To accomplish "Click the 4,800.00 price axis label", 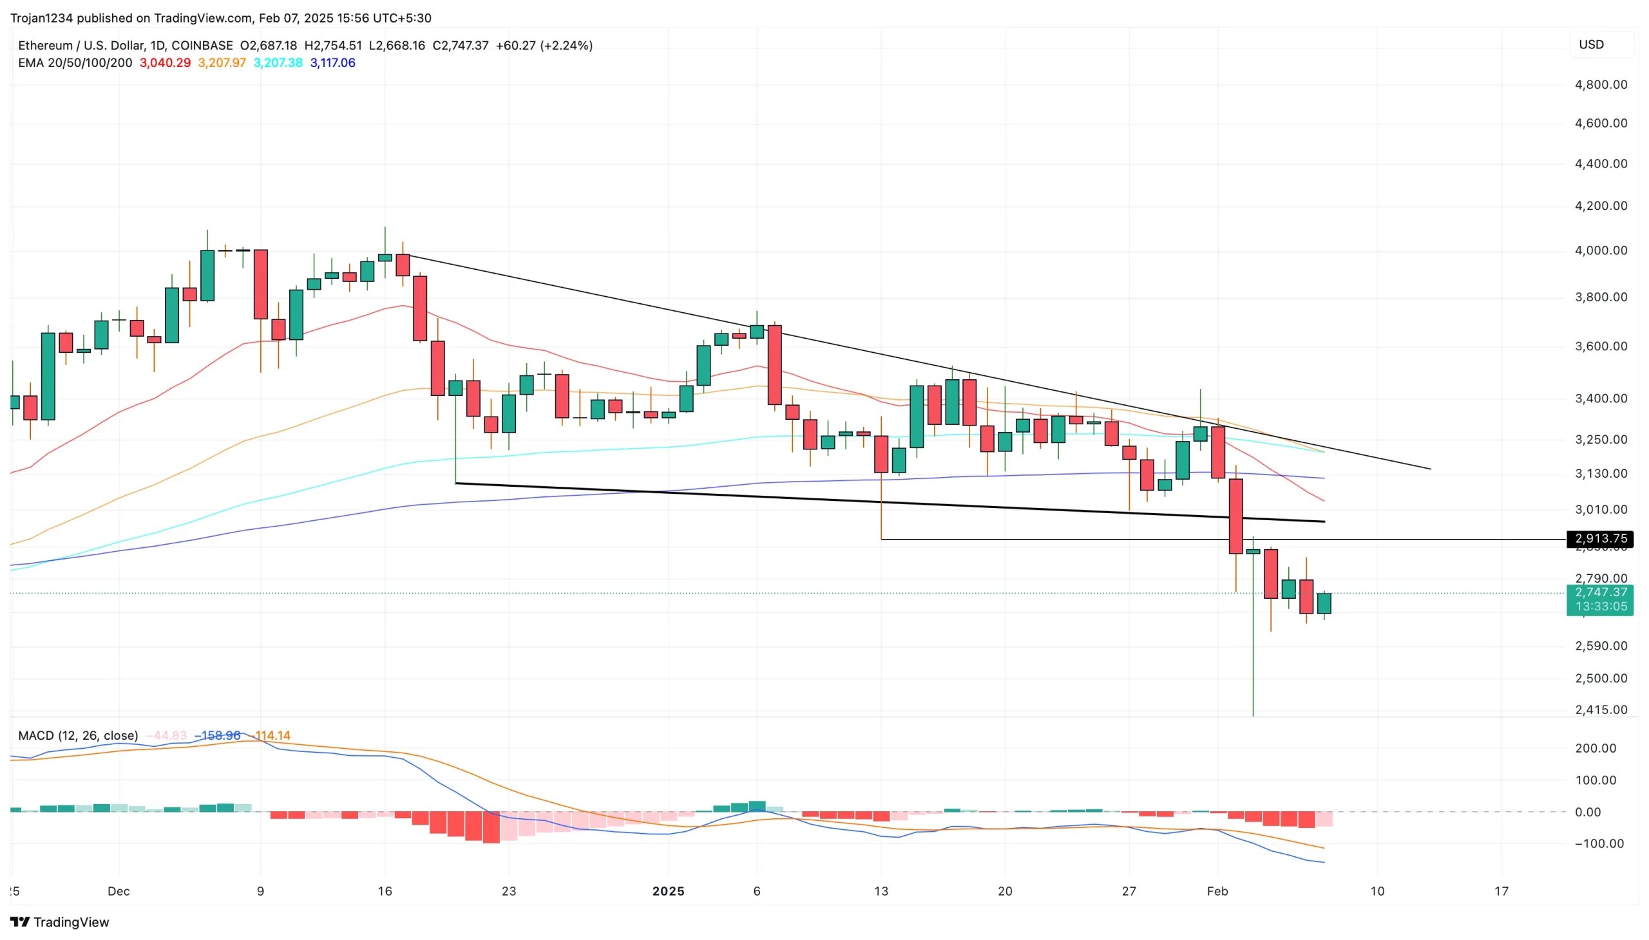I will (1601, 84).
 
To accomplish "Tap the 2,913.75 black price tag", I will (1600, 538).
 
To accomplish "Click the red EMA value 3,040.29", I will (165, 62).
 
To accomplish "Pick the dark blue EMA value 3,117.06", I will (332, 62).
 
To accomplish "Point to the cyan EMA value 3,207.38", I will (278, 62).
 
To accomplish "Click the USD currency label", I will (1591, 44).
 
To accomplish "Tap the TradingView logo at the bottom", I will (59, 922).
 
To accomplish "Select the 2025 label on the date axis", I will (668, 891).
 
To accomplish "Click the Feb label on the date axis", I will (1217, 891).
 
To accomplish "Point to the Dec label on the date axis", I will (119, 891).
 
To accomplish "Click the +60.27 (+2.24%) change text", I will (544, 45).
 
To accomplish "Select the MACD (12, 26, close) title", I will (77, 735).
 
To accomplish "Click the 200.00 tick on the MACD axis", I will (1596, 748).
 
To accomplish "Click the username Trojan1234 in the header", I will (41, 18).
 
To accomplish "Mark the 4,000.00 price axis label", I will (1601, 250).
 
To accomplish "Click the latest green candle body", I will (1324, 603).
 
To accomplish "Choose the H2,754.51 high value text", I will (332, 45).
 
